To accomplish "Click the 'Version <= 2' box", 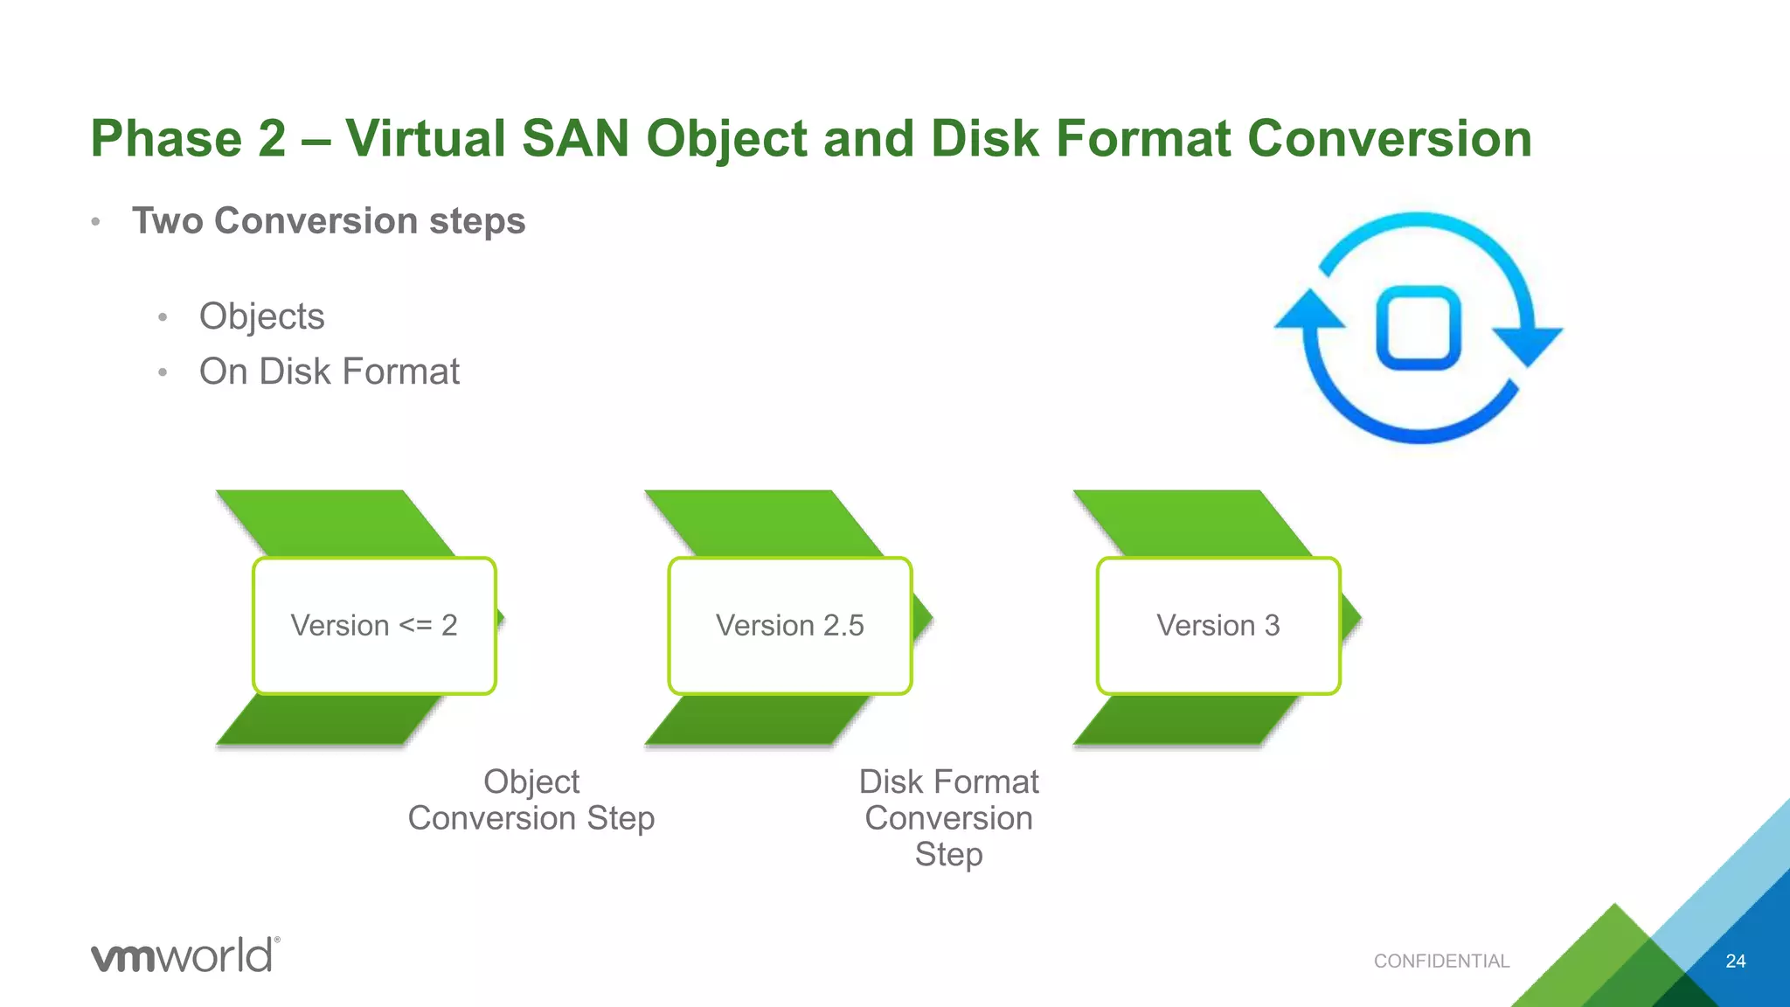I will coord(374,626).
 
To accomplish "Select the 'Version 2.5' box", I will coord(790,626).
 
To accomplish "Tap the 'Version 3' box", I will coord(1218,626).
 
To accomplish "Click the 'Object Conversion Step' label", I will coord(531,800).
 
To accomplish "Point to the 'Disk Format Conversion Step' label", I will coord(948,817).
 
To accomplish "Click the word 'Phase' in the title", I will coord(166,139).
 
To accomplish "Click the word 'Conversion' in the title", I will coord(1389,139).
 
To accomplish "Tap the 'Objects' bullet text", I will coord(261,316).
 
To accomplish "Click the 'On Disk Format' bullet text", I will coord(329,372).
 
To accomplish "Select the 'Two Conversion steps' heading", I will coord(329,221).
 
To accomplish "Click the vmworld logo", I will coord(184,955).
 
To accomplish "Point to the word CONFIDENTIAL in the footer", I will coord(1441,962).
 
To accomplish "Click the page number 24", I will coord(1735,962).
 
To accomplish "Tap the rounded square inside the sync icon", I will coord(1419,328).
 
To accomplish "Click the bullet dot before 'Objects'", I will coord(163,318).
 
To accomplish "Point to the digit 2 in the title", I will coord(272,139).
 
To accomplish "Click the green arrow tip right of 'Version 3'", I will coord(1351,620).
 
